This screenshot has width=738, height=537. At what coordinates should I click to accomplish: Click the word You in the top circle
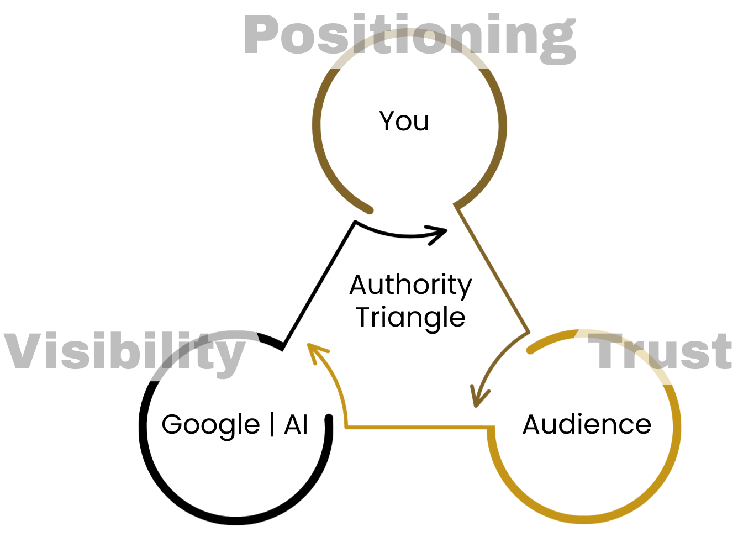(x=404, y=121)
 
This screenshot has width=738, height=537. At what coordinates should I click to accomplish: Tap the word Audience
(x=587, y=424)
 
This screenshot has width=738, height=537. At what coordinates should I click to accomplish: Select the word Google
(x=210, y=425)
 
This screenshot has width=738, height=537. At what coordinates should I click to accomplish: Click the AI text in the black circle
(x=296, y=424)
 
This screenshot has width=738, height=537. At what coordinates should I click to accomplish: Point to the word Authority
(x=410, y=286)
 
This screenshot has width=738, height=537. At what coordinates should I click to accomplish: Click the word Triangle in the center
(x=410, y=318)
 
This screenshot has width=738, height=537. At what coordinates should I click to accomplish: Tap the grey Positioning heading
(x=409, y=36)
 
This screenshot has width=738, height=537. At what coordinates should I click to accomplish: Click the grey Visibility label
(x=124, y=352)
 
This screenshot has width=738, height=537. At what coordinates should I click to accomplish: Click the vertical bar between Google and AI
(x=272, y=424)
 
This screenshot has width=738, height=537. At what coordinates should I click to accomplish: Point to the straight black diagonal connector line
(x=319, y=282)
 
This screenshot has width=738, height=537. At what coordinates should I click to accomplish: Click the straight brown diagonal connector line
(x=491, y=269)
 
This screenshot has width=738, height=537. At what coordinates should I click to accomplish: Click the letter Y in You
(x=387, y=120)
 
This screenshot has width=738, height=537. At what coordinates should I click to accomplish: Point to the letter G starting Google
(x=171, y=424)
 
